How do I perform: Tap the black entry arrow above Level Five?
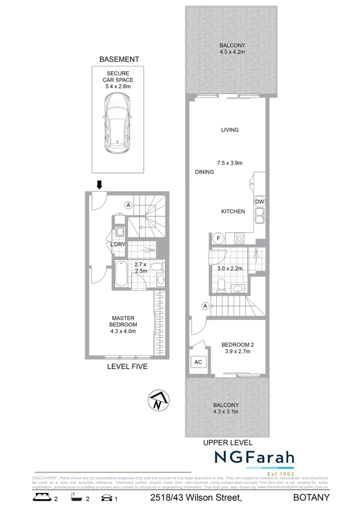[x=98, y=184]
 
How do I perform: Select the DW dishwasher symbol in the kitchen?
[x=260, y=202]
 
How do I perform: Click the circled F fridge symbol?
[x=218, y=238]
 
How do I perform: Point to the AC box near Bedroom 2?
[x=198, y=362]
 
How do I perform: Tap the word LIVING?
[x=230, y=130]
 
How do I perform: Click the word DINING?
[x=205, y=172]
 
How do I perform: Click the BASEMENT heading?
[x=119, y=59]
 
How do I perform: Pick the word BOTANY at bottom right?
[x=311, y=498]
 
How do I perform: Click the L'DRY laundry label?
[x=118, y=245]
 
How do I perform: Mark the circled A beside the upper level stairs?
[x=205, y=306]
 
